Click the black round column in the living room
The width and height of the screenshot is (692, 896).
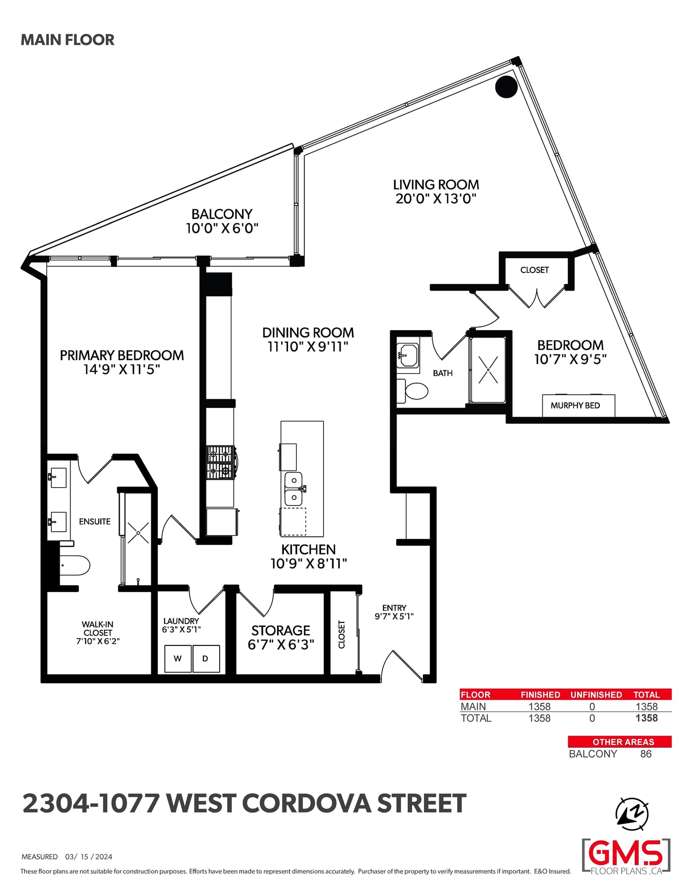point(506,87)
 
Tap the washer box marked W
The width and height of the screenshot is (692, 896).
point(178,658)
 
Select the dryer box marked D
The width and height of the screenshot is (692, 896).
point(206,658)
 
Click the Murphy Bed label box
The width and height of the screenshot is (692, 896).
point(579,405)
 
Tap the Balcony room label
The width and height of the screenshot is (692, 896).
point(222,214)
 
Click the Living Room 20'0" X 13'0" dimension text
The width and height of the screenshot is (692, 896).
point(436,199)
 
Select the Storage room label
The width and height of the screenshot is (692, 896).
point(281,630)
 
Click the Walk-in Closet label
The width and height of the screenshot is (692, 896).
point(98,633)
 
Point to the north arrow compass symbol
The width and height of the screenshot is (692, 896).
point(632,813)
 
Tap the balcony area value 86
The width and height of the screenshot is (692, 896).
point(646,754)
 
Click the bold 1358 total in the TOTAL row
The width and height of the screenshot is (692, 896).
point(647,718)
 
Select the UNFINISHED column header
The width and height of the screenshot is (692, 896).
point(596,694)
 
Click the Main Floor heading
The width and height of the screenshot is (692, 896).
point(67,40)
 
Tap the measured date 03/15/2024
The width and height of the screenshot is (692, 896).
point(89,857)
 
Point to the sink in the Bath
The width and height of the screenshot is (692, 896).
point(407,355)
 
